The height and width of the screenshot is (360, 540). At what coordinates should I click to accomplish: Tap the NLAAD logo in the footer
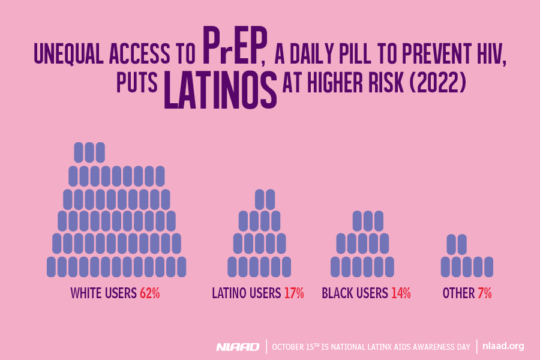(238, 346)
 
